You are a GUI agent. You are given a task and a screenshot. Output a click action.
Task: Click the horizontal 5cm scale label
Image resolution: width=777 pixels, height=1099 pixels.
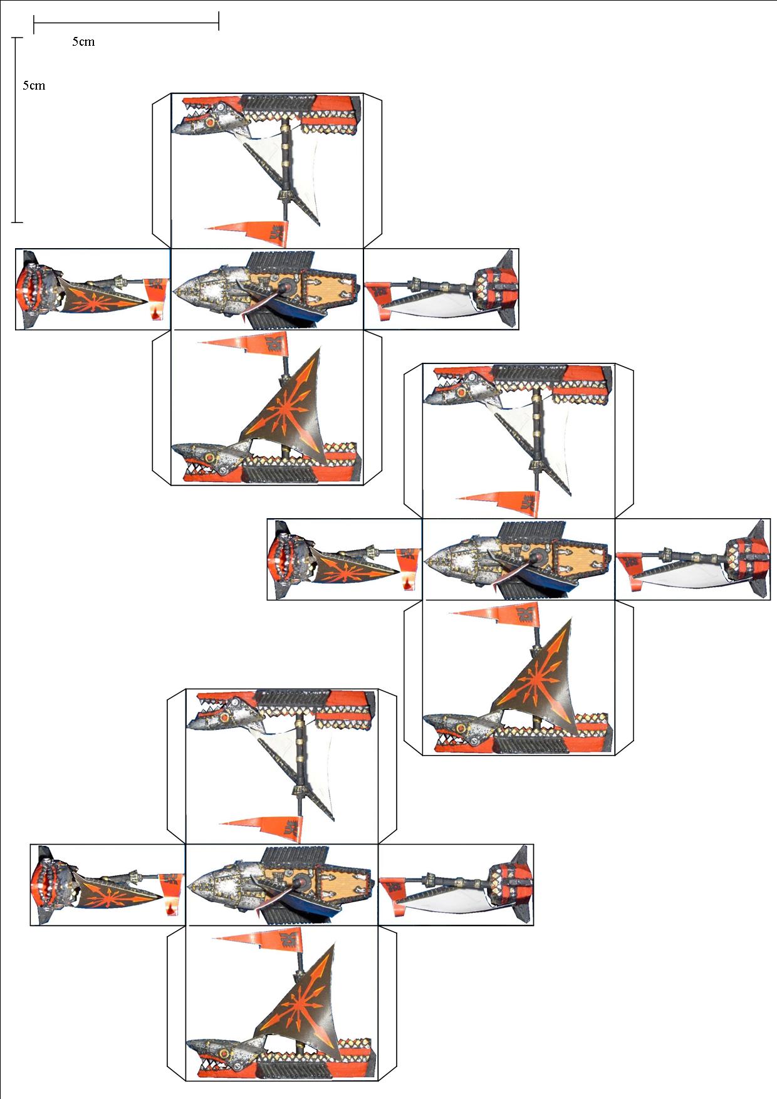click(x=83, y=42)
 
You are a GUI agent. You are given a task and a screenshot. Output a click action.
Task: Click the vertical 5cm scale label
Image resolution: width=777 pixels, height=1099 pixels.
click(x=34, y=85)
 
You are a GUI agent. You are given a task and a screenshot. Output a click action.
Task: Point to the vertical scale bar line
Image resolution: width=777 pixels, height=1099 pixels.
click(x=17, y=130)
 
